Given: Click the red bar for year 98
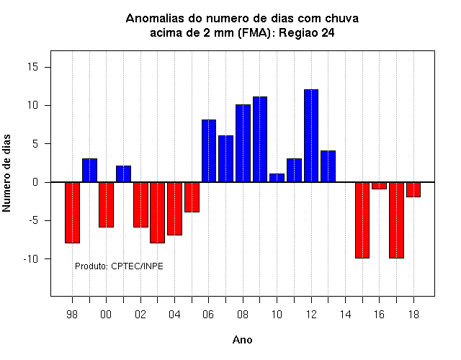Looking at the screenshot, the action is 72,212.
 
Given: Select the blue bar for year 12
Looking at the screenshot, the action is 311,136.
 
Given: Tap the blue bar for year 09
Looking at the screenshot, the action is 260,139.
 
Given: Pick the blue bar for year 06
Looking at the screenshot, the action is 209,150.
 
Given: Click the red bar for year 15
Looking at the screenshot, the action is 362,220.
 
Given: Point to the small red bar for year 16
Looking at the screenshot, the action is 380,186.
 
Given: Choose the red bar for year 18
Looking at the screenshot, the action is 413,189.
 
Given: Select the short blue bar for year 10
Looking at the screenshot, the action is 277,178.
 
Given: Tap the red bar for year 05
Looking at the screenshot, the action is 192,197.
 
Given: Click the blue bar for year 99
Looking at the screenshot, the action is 89,170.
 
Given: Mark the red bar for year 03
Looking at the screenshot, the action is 157,212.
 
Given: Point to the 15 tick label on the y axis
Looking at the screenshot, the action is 33,67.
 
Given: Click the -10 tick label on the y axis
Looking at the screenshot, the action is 31,259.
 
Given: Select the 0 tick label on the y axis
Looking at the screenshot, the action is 35,182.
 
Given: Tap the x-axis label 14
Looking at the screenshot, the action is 346,315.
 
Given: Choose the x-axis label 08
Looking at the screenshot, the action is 243,315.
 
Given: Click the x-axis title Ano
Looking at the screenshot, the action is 243,340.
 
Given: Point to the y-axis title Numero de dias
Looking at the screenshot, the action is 6,173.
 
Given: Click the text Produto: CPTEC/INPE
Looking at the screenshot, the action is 119,266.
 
